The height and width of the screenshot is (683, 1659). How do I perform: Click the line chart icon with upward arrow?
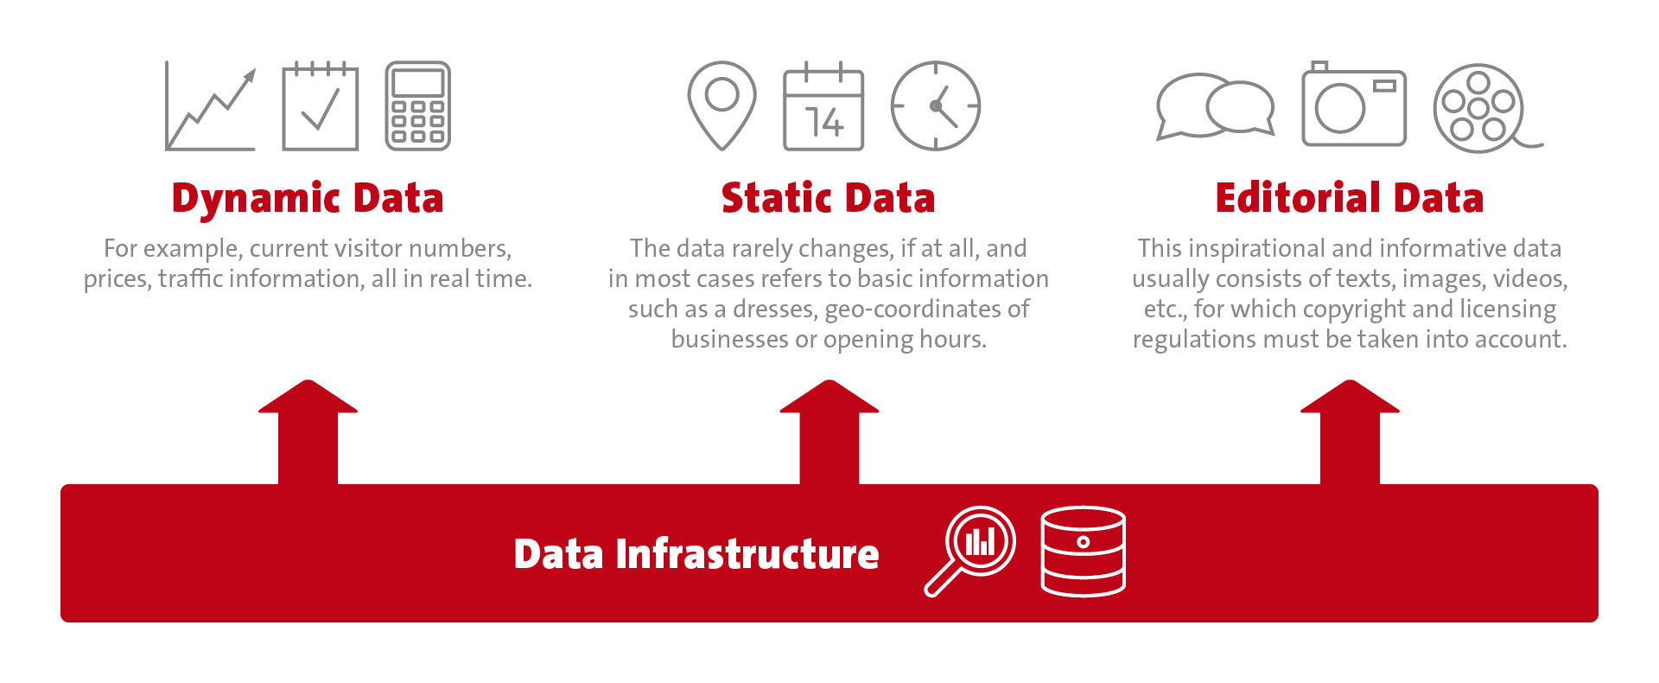211,106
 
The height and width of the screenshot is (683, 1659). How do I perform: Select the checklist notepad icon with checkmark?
321,106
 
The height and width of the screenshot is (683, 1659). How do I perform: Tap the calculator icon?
417,106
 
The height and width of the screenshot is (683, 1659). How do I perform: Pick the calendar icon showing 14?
823,106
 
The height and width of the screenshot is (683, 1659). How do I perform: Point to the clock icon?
936,106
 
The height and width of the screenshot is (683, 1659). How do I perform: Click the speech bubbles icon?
1215,106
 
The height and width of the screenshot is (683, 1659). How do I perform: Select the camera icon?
1354,104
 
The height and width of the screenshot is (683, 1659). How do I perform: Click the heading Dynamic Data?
308,198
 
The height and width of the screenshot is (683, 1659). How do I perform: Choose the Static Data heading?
829,198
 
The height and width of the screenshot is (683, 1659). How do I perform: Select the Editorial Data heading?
1350,198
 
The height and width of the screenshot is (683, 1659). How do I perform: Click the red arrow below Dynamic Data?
308,432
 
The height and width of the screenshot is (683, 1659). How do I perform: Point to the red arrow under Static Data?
829,432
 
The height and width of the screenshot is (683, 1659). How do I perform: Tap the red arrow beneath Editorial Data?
1350,432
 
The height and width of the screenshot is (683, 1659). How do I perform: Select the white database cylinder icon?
1084,552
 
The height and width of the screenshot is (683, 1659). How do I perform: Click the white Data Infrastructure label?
696,554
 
